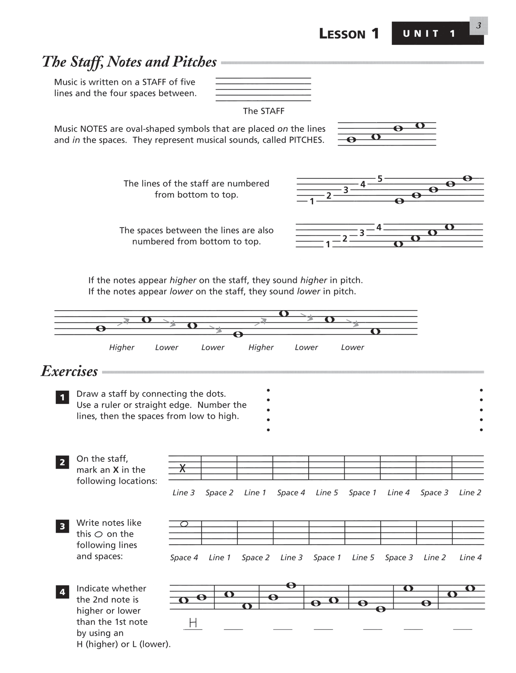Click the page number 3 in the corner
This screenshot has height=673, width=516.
479,26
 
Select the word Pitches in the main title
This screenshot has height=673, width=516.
194,62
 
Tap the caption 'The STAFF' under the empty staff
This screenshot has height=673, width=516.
264,111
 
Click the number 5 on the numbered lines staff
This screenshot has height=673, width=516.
380,179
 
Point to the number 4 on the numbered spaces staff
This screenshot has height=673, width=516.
379,227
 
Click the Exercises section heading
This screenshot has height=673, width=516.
69,371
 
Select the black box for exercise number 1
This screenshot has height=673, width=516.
62,397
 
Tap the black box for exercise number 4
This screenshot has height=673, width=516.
62,592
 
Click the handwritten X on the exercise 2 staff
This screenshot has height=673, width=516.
182,468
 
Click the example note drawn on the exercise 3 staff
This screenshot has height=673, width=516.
184,524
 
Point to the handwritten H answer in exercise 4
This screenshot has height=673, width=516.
193,623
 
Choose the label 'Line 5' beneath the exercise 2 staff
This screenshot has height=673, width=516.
327,493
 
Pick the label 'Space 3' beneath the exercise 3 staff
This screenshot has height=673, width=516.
399,557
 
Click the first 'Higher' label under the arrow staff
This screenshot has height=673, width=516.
122,347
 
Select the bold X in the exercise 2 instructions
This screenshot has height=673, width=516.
116,470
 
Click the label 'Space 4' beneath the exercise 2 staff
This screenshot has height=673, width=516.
291,493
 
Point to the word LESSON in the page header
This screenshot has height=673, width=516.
342,34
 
